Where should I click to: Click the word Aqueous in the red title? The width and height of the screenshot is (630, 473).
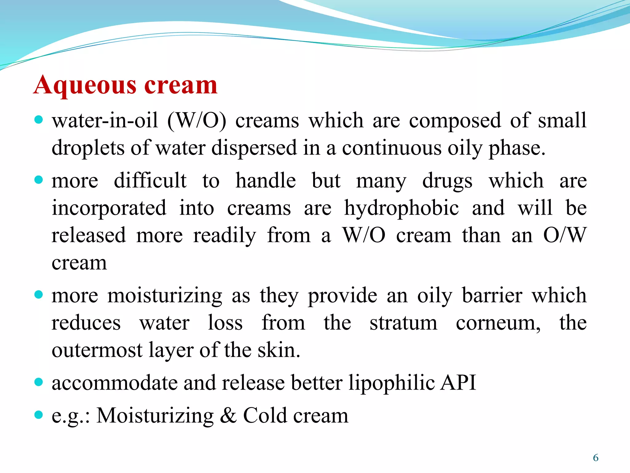pyautogui.click(x=85, y=86)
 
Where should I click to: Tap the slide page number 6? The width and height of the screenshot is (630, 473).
pyautogui.click(x=596, y=458)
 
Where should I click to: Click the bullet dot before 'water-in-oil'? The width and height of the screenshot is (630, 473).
pyautogui.click(x=38, y=119)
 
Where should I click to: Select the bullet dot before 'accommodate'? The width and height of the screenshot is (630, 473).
pyautogui.click(x=38, y=382)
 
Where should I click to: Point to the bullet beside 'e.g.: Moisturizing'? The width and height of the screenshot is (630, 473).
pyautogui.click(x=38, y=415)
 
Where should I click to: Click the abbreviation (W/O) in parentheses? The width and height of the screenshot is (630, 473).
pyautogui.click(x=197, y=120)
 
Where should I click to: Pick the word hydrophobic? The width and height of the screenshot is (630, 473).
pyautogui.click(x=401, y=208)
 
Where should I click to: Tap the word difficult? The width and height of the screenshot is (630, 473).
pyautogui.click(x=150, y=180)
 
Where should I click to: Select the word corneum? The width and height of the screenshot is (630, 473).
pyautogui.click(x=498, y=323)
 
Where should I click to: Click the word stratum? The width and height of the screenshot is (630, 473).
pyautogui.click(x=403, y=323)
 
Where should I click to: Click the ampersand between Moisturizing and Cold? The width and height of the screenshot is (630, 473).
pyautogui.click(x=228, y=415)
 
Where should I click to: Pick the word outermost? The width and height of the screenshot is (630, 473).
pyautogui.click(x=97, y=350)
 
